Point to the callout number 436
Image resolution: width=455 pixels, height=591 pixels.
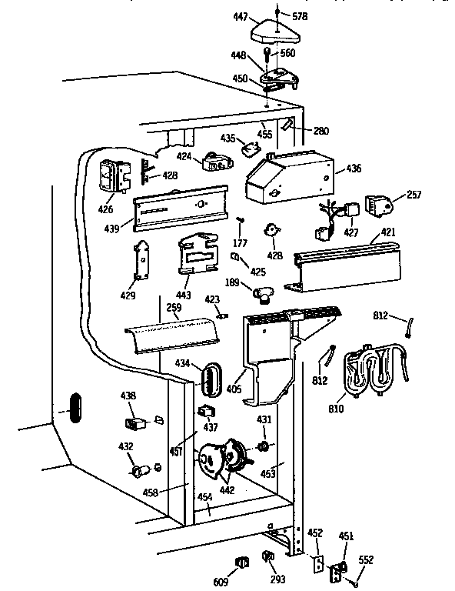(353, 169)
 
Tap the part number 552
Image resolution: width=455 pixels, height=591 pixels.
(366, 560)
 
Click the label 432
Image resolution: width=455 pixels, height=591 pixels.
(125, 446)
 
